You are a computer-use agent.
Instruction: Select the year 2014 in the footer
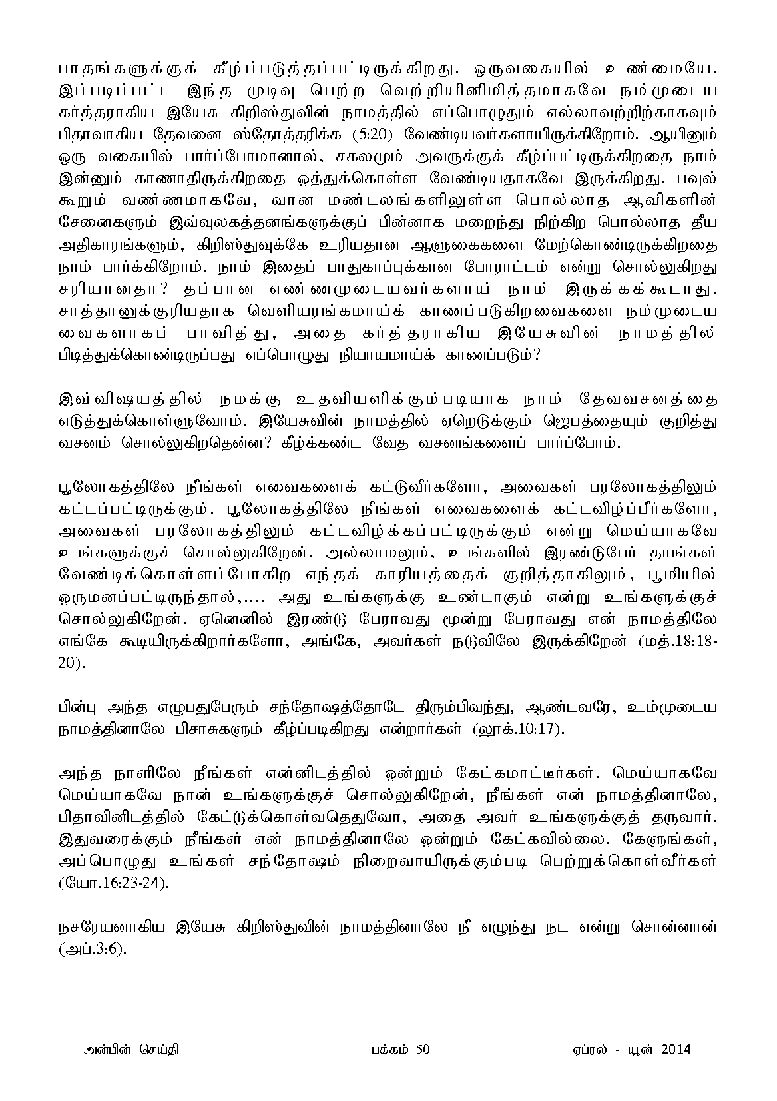pos(676,1050)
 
